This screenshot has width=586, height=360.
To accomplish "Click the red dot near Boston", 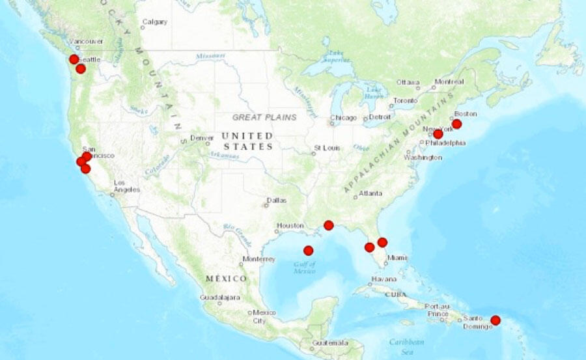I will tap(456, 124).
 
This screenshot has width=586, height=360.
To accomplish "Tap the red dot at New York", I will tap(438, 134).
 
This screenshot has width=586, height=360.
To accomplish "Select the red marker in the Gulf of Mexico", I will tap(308, 250).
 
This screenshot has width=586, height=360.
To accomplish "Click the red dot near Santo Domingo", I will tap(495, 320).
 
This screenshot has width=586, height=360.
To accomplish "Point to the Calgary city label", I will tap(156, 21).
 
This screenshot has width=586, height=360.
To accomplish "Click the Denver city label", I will tap(202, 138).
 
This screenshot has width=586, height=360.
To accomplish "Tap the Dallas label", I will tap(276, 201).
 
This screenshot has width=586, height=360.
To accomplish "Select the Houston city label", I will tap(290, 226).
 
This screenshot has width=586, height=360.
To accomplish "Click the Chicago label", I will tap(343, 118).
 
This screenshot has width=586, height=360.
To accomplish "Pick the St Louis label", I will tap(326, 148).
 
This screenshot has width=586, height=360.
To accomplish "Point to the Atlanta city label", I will tap(371, 193).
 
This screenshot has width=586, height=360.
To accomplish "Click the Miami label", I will tap(398, 258).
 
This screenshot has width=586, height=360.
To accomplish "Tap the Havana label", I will tap(383, 279).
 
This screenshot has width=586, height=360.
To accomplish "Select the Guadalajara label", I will tap(220, 298).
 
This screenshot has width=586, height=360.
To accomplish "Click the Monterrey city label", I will tap(259, 258).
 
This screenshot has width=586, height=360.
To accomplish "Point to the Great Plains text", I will tap(264, 117).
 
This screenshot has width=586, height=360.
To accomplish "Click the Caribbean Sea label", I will tap(407, 346).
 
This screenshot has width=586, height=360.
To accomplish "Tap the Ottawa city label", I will tap(408, 82).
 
